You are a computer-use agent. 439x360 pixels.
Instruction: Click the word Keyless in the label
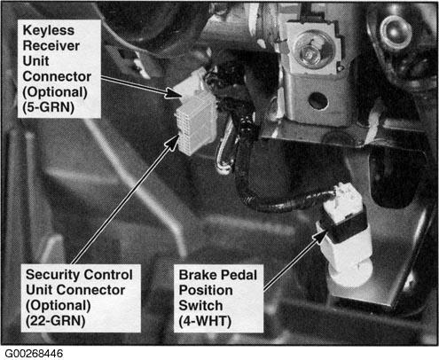point(48,30)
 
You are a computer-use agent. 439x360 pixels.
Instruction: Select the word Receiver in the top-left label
point(51,46)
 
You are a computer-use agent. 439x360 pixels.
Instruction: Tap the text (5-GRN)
point(48,107)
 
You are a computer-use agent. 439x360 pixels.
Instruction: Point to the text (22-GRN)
point(55,321)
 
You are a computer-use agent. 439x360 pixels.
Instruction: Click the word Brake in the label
point(198,275)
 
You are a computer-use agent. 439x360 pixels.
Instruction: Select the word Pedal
point(239,275)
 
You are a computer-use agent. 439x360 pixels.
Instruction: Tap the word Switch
point(200,306)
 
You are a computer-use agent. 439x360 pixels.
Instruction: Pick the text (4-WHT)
point(205,321)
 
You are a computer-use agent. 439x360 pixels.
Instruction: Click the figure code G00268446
point(34,354)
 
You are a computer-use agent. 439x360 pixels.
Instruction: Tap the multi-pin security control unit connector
point(196,124)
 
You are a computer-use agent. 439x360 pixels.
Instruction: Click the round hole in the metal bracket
point(318,100)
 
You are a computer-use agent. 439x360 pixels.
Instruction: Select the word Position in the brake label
point(206,291)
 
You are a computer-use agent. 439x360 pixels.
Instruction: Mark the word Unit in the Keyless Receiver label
point(35,61)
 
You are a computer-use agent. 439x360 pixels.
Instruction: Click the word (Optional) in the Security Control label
point(59,305)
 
